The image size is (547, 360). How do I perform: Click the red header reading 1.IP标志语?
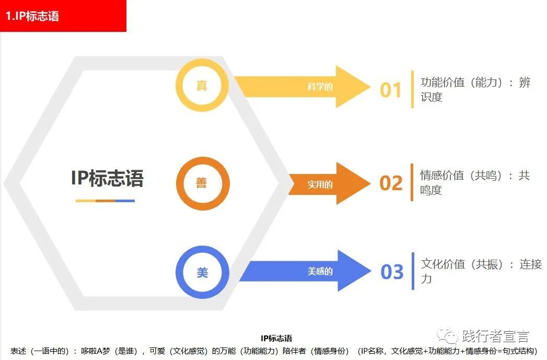[63, 16]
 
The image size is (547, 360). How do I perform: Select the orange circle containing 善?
[202, 183]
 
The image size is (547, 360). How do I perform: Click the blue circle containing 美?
[202, 272]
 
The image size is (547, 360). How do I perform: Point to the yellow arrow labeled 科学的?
[303, 87]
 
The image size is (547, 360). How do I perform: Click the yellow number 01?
[390, 90]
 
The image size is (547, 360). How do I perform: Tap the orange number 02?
[391, 183]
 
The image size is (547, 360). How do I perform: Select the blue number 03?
[392, 272]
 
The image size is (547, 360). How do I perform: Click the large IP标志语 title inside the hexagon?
[107, 178]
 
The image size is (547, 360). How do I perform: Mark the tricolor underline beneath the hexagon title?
[105, 201]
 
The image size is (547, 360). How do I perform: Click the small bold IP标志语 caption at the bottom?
[276, 339]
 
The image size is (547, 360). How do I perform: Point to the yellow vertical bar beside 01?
[412, 89]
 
